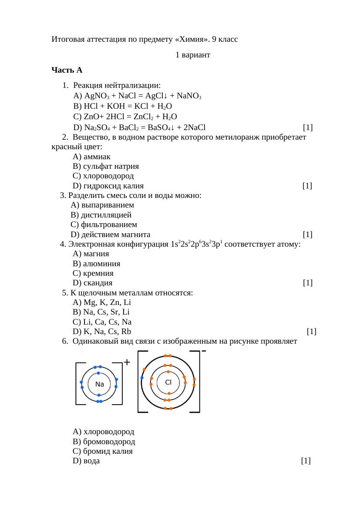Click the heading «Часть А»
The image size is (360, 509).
coord(67,70)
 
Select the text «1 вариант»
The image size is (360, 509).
coord(193,55)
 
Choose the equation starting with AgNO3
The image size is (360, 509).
coord(137,96)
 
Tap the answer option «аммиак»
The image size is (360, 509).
coord(91,156)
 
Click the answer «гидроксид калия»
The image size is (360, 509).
coord(108,186)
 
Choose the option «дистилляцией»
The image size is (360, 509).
coord(101,215)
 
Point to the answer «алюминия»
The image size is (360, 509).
coord(97,264)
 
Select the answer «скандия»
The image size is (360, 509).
coord(93,283)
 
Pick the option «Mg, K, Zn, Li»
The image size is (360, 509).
coord(102,302)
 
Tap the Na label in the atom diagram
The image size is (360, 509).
coord(100,384)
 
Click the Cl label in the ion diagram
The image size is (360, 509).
coord(168,382)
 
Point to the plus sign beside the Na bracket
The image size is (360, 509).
coord(127,362)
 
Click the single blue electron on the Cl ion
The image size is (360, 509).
coord(142,378)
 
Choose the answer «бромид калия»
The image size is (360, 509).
coord(103,451)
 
